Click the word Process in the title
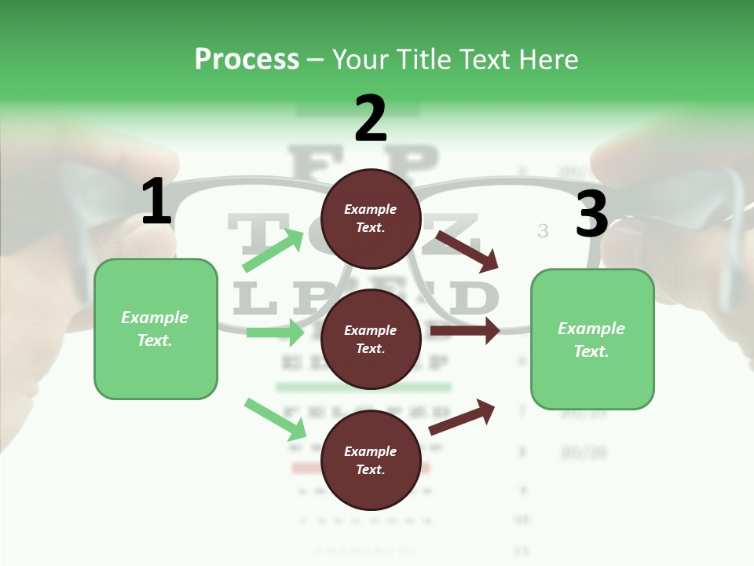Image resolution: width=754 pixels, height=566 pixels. pyautogui.click(x=247, y=60)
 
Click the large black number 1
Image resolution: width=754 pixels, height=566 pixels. pyautogui.click(x=156, y=202)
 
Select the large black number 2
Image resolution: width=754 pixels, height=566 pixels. pyautogui.click(x=371, y=118)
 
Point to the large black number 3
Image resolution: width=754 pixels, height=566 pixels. pyautogui.click(x=591, y=215)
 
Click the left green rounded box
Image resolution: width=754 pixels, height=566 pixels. pyautogui.click(x=156, y=329)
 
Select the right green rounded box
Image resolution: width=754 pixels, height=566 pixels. pyautogui.click(x=592, y=340)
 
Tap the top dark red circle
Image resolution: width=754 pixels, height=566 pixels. pyautogui.click(x=371, y=219)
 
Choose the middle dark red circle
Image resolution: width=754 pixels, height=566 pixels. pyautogui.click(x=371, y=339)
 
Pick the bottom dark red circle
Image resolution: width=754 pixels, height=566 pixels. pyautogui.click(x=371, y=460)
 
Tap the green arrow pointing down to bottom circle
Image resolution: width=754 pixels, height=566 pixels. pyautogui.click(x=276, y=419)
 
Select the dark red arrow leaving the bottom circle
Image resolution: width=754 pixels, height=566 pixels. pyautogui.click(x=463, y=417)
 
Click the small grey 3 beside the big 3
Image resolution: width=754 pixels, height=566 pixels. pyautogui.click(x=543, y=230)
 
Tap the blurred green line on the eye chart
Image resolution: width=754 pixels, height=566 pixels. pyautogui.click(x=363, y=387)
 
